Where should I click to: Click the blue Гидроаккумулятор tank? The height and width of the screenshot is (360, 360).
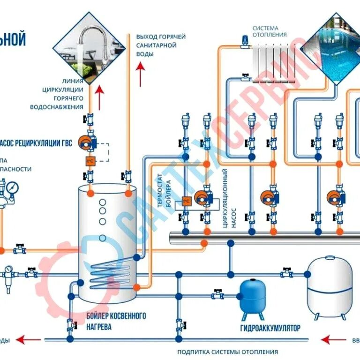pos(252,296)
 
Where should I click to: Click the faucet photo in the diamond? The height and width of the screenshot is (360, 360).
pos(89,45)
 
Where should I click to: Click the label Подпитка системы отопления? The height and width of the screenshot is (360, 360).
pos(227,352)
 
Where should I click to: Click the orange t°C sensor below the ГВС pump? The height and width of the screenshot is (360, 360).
pos(89,161)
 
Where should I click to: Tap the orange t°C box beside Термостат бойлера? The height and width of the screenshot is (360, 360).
pos(186,202)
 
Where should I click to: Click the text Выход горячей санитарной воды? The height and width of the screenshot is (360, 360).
pos(161,45)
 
